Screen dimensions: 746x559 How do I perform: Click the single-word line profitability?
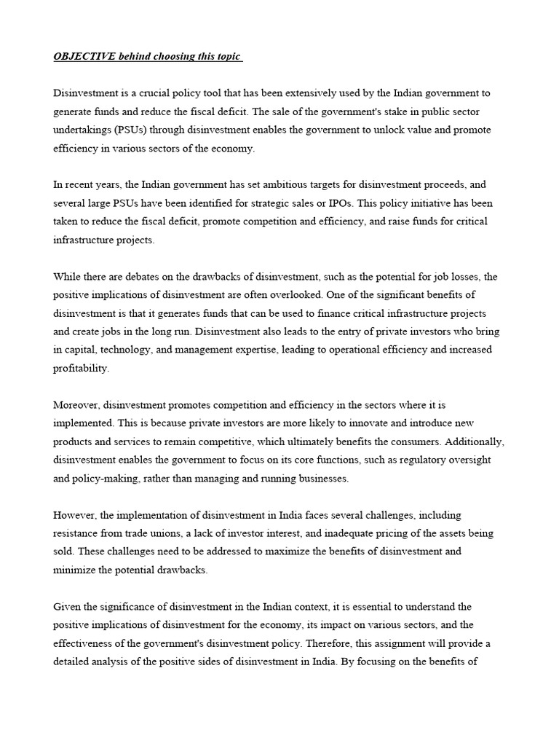[x=82, y=368]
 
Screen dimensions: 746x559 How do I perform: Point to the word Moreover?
[x=77, y=405]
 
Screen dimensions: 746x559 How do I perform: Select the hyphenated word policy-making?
[x=101, y=479]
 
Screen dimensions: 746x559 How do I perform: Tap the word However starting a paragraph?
[x=76, y=515]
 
